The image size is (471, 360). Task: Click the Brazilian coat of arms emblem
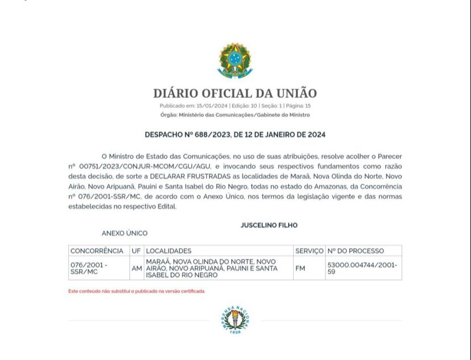(235, 60)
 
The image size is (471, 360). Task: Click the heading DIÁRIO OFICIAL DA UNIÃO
(235, 93)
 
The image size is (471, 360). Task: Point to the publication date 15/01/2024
(212, 106)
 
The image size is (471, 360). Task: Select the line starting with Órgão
(235, 115)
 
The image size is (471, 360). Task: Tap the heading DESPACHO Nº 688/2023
(235, 135)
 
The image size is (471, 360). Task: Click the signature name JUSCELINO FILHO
(269, 225)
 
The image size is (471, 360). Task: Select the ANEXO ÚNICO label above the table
(124, 233)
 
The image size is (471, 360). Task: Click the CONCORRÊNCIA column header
(97, 251)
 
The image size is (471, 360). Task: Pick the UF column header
(136, 251)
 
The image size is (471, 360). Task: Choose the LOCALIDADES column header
(169, 251)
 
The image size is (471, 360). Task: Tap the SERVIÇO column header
(309, 251)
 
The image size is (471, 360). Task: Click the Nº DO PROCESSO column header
(356, 251)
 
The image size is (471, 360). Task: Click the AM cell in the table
(136, 268)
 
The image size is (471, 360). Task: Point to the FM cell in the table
(300, 268)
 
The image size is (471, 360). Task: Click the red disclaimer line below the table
(137, 291)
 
